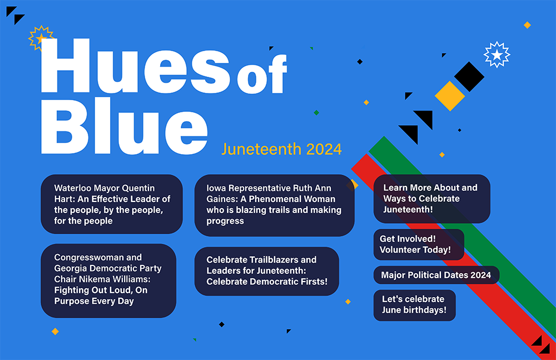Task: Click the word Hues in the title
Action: tap(136, 66)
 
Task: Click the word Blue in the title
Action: tap(124, 126)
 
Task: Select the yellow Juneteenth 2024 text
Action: tap(281, 149)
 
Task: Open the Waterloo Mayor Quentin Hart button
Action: tap(112, 204)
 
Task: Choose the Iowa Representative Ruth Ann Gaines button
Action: tap(275, 205)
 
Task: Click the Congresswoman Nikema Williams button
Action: tap(108, 280)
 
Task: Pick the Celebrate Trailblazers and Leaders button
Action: tap(267, 271)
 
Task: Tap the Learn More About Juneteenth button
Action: tap(432, 199)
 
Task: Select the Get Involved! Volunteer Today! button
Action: tap(419, 245)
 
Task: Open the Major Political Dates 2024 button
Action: tap(436, 275)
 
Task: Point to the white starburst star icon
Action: tap(497, 55)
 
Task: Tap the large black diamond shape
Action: tap(469, 77)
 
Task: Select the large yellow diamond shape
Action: tap(450, 96)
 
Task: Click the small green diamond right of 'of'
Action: tap(317, 113)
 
